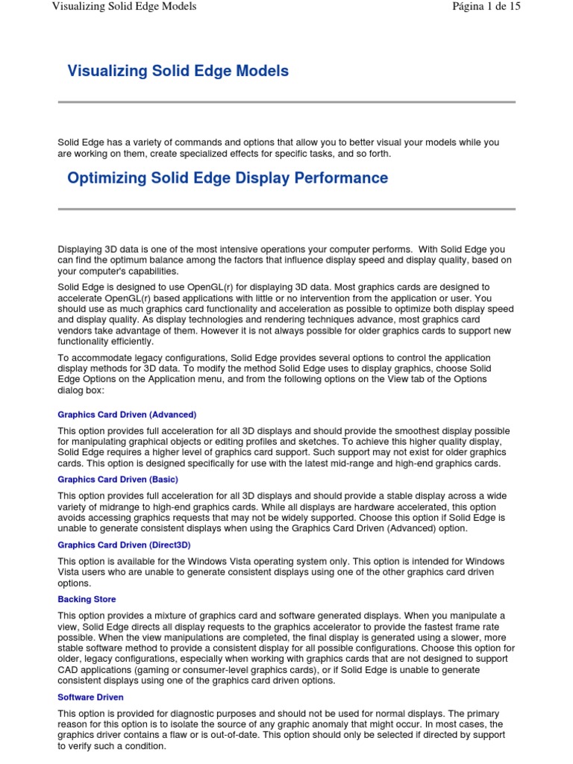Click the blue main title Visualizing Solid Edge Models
pos(178,72)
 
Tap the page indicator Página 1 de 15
pos(486,7)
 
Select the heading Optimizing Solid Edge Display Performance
pos(228,178)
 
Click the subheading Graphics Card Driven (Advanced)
pos(127,414)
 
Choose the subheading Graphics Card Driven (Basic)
pos(118,479)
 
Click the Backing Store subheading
pos(87,599)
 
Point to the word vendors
pos(75,330)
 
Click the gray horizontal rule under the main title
pos(286,102)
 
